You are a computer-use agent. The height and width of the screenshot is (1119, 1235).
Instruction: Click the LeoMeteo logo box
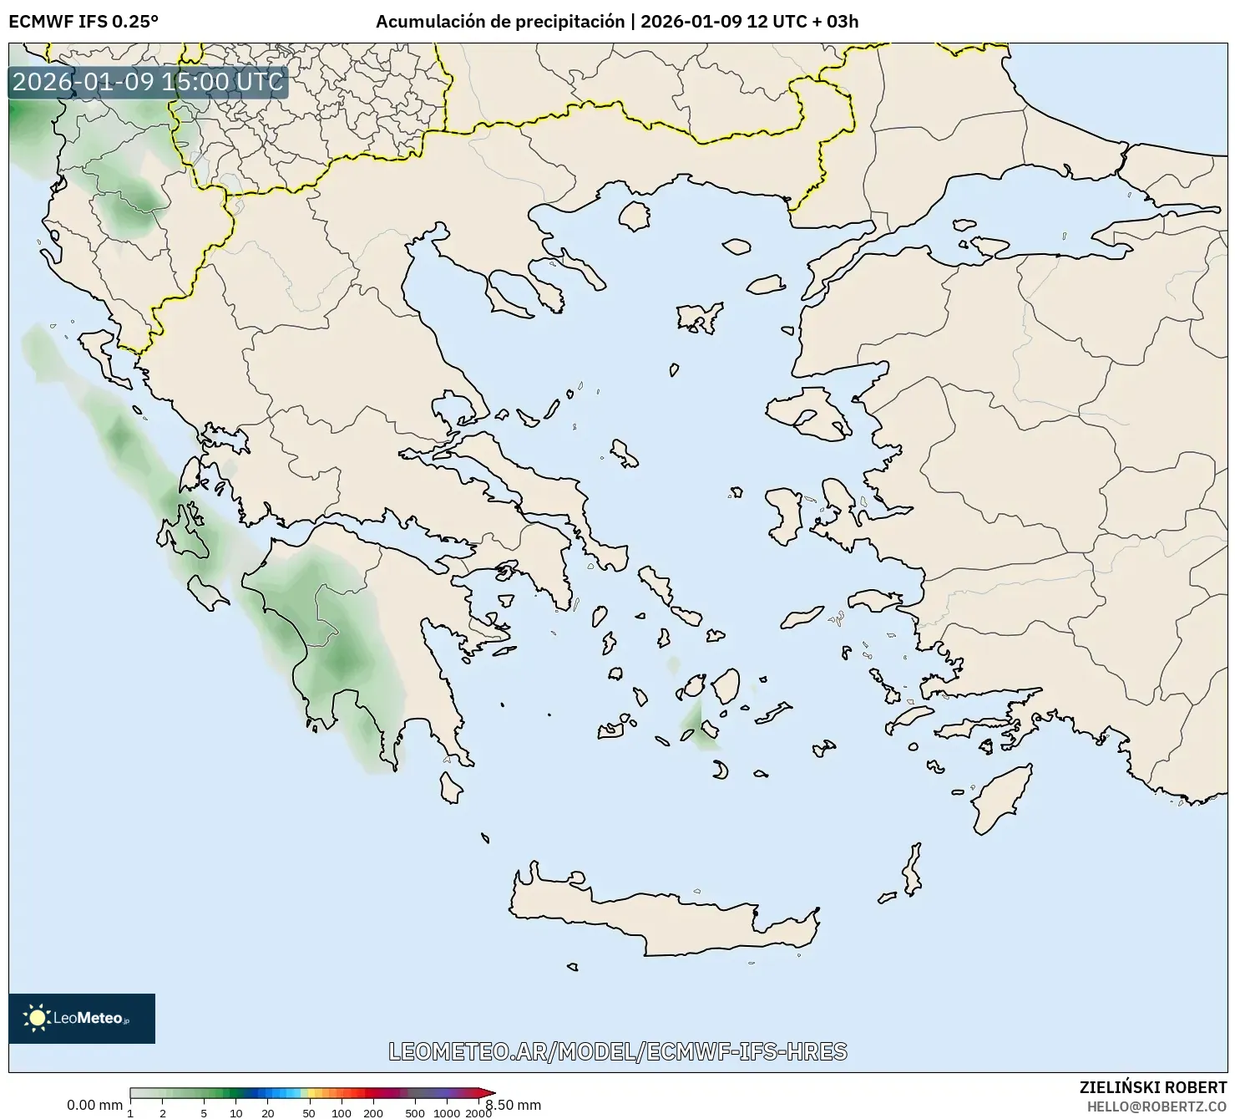point(82,1018)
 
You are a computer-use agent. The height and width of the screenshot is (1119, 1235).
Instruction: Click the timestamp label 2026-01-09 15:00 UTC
point(148,82)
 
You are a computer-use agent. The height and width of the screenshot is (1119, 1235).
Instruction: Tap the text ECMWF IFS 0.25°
point(84,22)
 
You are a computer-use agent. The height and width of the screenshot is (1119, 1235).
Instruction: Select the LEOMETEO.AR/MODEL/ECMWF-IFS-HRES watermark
point(618,1051)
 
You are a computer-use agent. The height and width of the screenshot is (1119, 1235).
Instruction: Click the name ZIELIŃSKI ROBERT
point(1153,1087)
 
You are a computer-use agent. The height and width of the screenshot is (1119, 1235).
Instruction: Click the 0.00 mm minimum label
point(94,1105)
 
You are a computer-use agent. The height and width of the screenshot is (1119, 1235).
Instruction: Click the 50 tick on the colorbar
point(309,1112)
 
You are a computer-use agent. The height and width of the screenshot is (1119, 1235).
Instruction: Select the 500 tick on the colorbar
point(415,1112)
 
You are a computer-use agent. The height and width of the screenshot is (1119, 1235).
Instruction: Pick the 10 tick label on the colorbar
point(236,1112)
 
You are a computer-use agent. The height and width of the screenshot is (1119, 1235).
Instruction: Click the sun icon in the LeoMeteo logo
point(38,1018)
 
